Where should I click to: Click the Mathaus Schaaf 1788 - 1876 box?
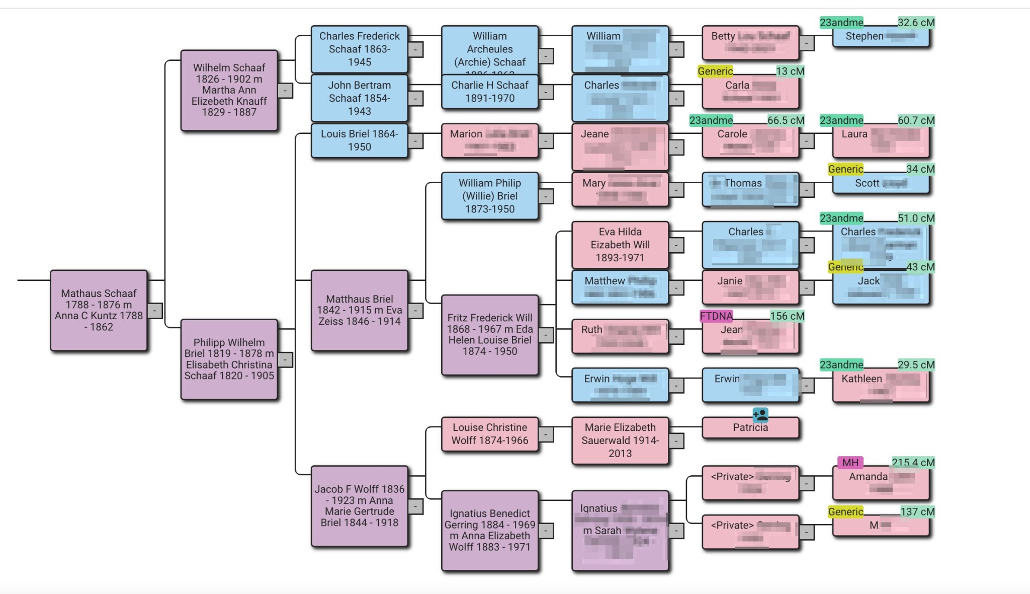[x=99, y=310]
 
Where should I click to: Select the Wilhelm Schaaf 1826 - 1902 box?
[x=229, y=90]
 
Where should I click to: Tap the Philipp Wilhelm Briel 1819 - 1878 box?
[x=229, y=359]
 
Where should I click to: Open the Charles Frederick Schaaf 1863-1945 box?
[x=359, y=49]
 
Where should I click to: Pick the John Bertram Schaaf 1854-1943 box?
[x=359, y=98]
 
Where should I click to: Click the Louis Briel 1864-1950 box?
[x=359, y=140]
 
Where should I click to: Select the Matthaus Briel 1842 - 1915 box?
[x=359, y=310]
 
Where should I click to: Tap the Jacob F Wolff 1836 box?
[x=359, y=506]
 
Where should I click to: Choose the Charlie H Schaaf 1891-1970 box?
[x=489, y=92]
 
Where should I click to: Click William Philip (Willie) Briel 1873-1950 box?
[x=489, y=196]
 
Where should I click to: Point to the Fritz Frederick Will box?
[x=489, y=335]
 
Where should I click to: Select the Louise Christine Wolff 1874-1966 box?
[x=489, y=434]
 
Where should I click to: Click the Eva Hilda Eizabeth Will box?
[x=620, y=245]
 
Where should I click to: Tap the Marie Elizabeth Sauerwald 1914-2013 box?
[x=620, y=440]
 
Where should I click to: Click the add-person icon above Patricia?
[x=760, y=415]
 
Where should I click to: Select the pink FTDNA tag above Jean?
[x=716, y=316]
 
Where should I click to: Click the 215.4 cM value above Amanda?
[x=913, y=462]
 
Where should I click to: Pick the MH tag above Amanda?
[x=850, y=462]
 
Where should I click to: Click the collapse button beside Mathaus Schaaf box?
[x=155, y=311]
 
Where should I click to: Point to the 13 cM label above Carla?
[x=790, y=71]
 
